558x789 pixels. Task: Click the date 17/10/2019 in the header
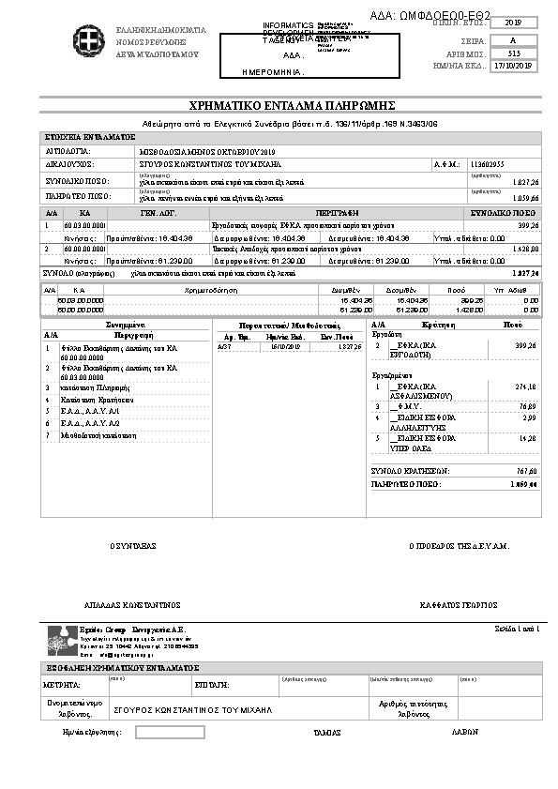click(513, 67)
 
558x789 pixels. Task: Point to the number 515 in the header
click(513, 53)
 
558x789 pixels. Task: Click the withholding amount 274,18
click(525, 386)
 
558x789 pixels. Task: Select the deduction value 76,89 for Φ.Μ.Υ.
click(527, 405)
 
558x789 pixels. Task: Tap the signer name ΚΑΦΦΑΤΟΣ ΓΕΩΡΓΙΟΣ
click(459, 605)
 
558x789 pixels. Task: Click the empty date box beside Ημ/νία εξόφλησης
click(170, 732)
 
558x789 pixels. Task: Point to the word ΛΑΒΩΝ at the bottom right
click(465, 732)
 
